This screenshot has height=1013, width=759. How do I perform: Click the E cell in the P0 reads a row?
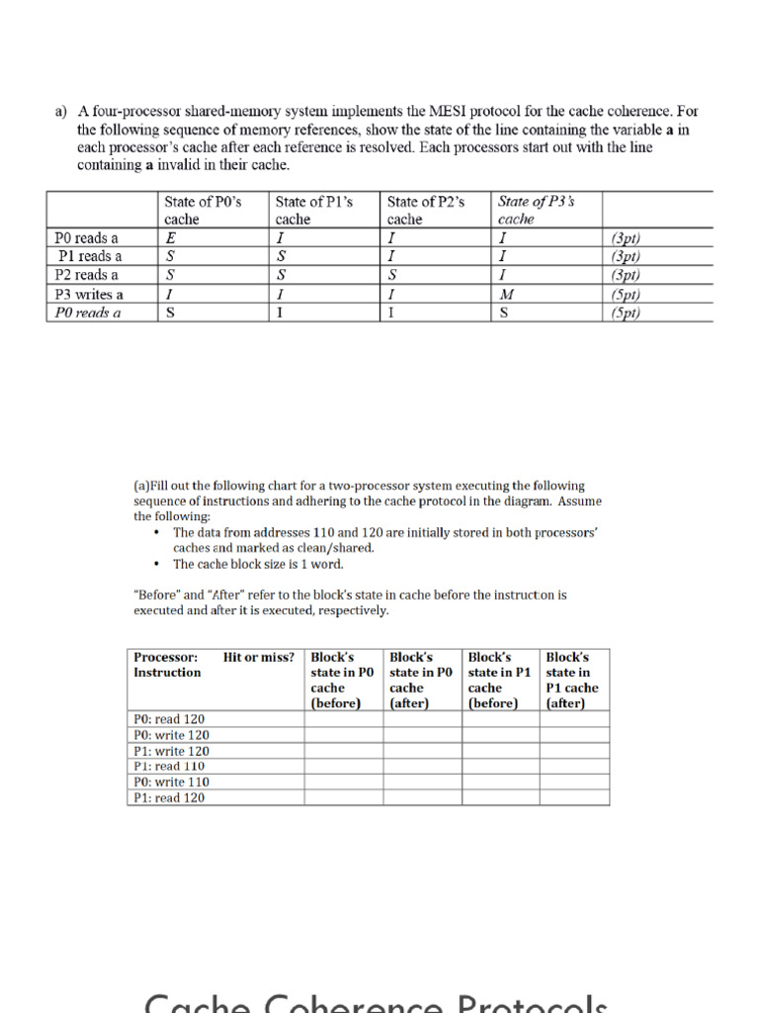pyautogui.click(x=170, y=237)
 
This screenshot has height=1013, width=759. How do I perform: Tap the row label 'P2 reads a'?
pyautogui.click(x=87, y=275)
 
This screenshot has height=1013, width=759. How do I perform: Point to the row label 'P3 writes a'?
pyautogui.click(x=89, y=295)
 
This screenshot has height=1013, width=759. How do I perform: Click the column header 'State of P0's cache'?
pyautogui.click(x=203, y=210)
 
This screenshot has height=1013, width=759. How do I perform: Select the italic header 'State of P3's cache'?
pyautogui.click(x=537, y=210)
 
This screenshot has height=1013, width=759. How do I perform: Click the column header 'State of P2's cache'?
pyautogui.click(x=426, y=210)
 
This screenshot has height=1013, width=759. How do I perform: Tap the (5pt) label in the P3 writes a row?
pyautogui.click(x=627, y=295)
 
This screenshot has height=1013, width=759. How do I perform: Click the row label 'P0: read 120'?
pyautogui.click(x=170, y=719)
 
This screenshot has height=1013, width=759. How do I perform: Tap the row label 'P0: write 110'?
pyautogui.click(x=172, y=782)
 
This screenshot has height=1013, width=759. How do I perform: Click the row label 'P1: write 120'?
pyautogui.click(x=172, y=751)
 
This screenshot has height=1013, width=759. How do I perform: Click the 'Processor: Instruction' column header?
pyautogui.click(x=167, y=665)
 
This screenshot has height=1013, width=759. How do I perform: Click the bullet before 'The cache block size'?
pyautogui.click(x=157, y=564)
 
